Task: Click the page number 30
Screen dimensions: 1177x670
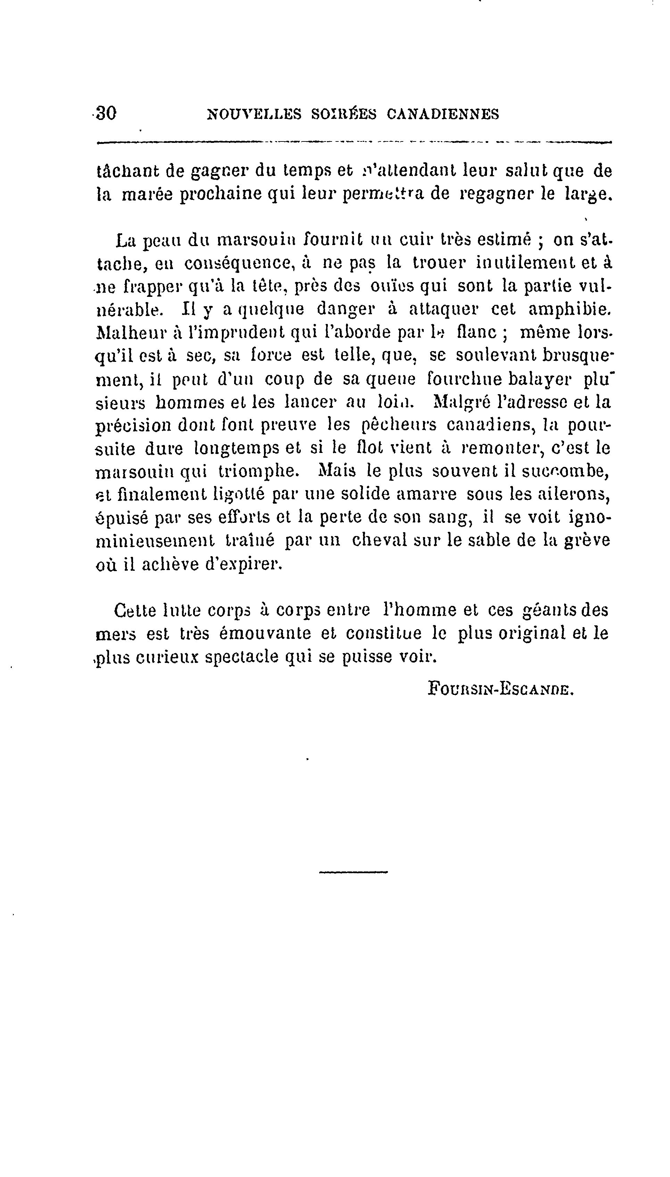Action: (106, 113)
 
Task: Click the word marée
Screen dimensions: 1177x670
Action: (147, 194)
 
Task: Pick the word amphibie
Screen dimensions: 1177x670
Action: (570, 309)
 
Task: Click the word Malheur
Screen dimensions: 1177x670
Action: (127, 332)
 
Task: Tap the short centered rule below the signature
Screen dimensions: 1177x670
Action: (353, 871)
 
